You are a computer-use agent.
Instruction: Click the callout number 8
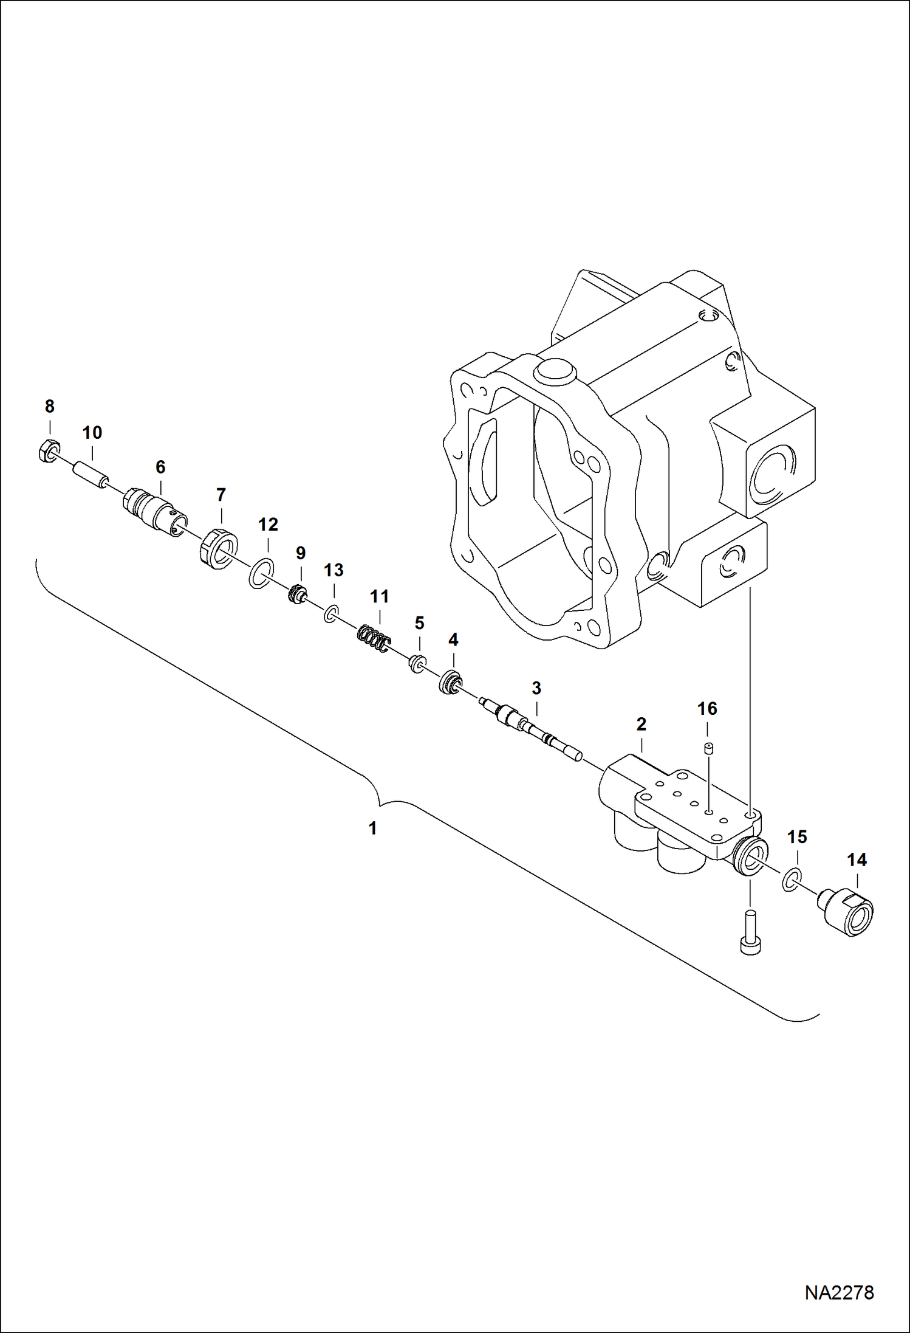(49, 406)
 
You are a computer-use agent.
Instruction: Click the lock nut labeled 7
(217, 549)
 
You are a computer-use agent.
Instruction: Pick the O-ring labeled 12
(262, 574)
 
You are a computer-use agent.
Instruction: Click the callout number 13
(334, 570)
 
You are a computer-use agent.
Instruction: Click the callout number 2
(641, 725)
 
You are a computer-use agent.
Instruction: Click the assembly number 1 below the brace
(372, 828)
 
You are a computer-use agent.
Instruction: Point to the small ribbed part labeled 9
(297, 593)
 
